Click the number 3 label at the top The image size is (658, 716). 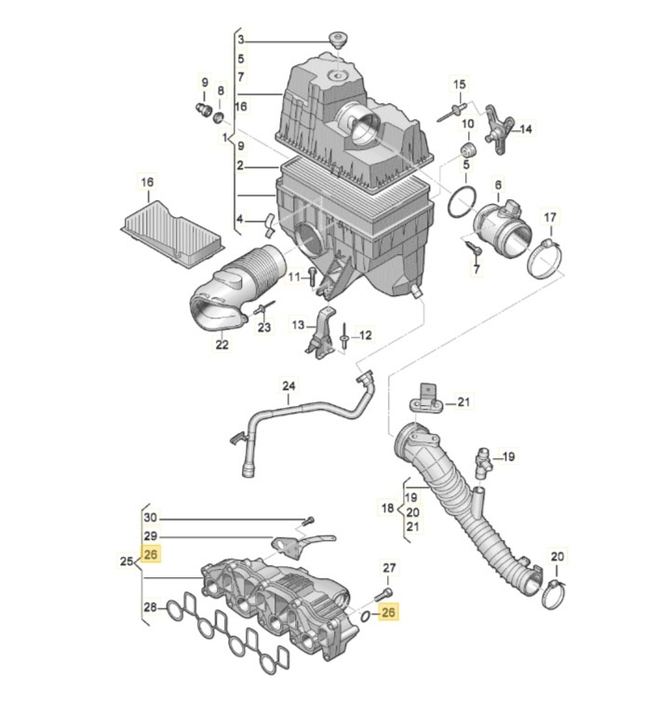point(240,40)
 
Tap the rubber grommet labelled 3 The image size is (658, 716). point(336,39)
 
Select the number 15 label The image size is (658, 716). point(458,86)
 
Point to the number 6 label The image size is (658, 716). point(498,185)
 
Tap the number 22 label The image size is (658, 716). point(222,344)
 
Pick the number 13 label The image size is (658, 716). point(298,325)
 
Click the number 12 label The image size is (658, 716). point(365,335)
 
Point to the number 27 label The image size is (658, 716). point(389,567)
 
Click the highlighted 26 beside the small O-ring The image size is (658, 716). point(388,613)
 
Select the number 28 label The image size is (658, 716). point(149,608)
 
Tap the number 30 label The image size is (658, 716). point(151,518)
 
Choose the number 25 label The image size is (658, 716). point(128,561)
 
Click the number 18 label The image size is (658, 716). point(388,508)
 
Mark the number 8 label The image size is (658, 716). point(221,90)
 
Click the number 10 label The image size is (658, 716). point(467,124)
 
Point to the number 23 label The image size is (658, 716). point(263,328)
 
